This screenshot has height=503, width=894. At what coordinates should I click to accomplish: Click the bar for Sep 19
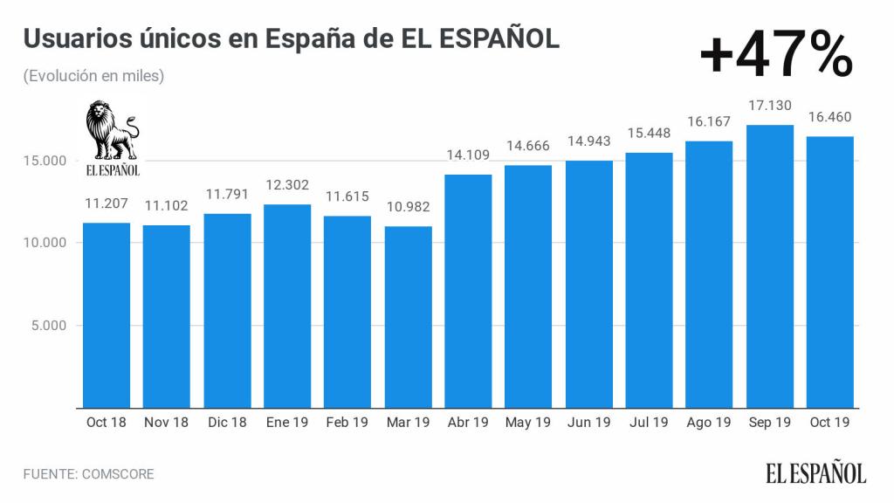coord(769,266)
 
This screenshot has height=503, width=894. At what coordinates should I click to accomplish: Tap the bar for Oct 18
coord(107,314)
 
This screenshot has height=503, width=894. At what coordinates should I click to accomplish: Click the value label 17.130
coord(769,106)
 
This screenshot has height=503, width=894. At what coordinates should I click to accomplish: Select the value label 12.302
coord(287,185)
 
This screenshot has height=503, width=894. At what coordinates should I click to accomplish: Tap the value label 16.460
coord(829,117)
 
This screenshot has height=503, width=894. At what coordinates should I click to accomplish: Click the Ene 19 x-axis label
coord(287,423)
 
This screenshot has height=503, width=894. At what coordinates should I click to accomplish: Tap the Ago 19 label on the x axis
coord(709,423)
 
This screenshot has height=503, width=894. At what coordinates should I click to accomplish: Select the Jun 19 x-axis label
coord(588,423)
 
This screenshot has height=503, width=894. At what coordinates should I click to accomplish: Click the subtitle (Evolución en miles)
coord(94,76)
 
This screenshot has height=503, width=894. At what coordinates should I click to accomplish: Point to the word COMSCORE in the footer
coord(118,474)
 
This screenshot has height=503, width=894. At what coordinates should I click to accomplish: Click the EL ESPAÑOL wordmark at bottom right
coord(816,473)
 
